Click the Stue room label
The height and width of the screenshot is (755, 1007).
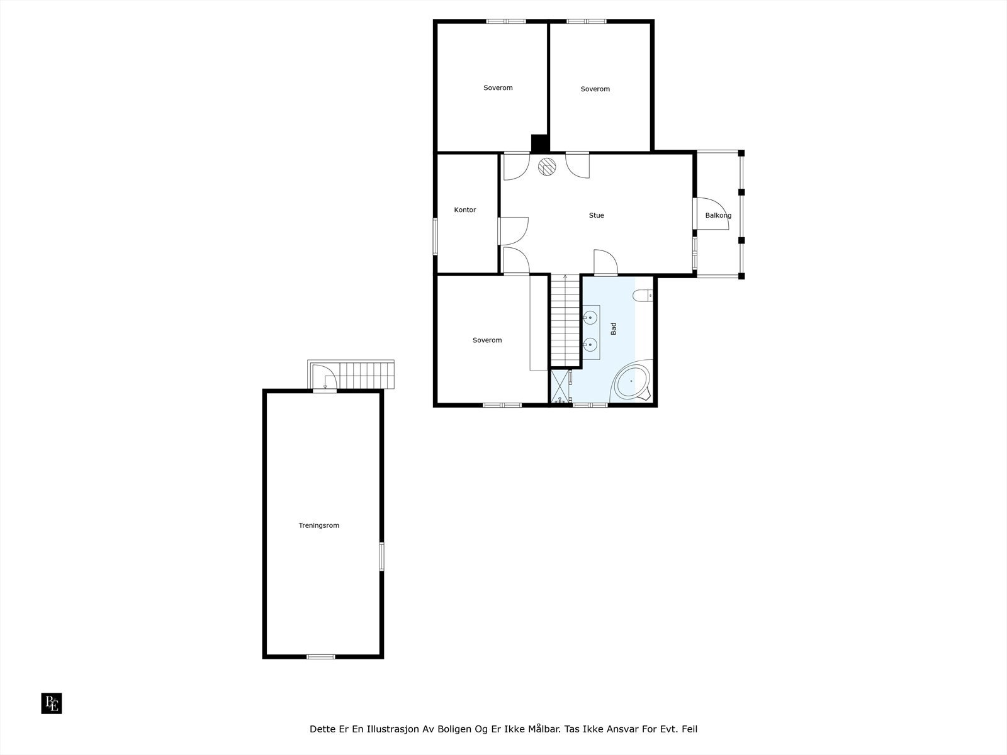(x=596, y=215)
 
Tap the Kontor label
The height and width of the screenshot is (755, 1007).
(x=465, y=210)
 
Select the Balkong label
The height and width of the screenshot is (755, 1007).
(x=718, y=215)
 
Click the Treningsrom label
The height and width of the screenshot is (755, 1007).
(x=318, y=525)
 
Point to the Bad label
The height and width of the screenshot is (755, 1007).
(x=614, y=328)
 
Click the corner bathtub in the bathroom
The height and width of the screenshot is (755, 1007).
(x=632, y=381)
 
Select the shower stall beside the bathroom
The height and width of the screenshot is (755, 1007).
(x=560, y=386)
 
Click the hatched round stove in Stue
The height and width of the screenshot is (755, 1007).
(x=548, y=166)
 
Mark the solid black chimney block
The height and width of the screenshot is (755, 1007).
(x=540, y=143)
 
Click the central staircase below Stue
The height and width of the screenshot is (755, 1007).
(x=565, y=321)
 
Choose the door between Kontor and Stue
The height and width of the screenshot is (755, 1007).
(x=513, y=230)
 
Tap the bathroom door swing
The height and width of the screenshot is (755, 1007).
(x=605, y=262)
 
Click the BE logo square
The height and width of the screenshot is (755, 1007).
(x=52, y=703)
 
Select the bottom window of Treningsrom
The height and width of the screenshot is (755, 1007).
(x=320, y=657)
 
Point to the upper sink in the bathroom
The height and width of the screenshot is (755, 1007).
(x=590, y=318)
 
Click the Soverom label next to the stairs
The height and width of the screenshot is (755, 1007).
(x=487, y=340)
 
